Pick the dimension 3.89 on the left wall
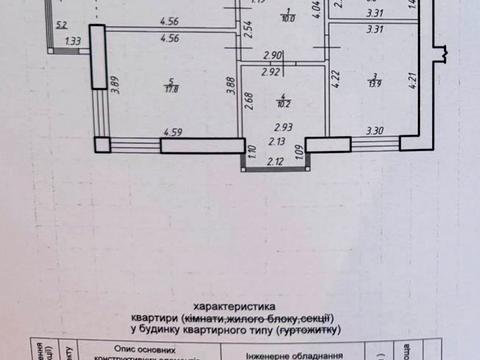point(115,84)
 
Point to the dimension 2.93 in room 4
point(284,127)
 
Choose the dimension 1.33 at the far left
point(72,41)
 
